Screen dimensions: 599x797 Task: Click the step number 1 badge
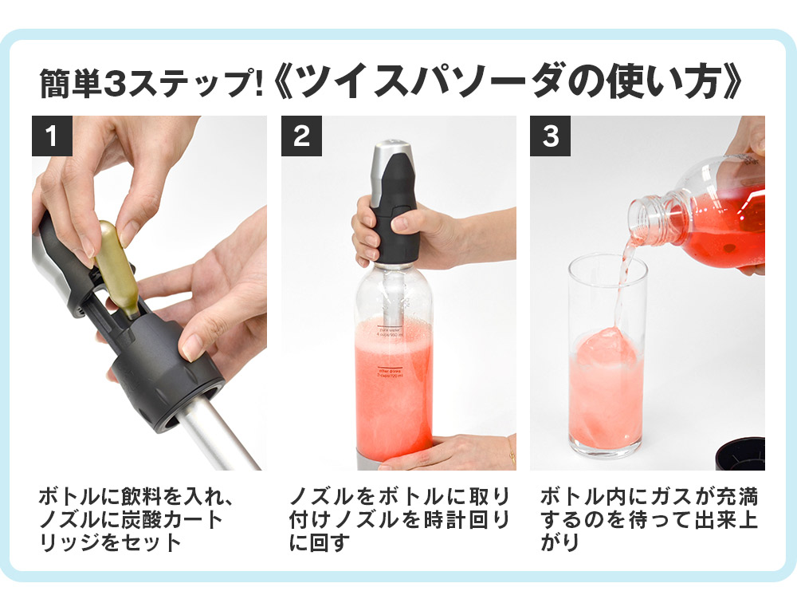(x=52, y=136)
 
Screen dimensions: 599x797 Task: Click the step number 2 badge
(x=302, y=136)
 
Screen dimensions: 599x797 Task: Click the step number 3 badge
(x=551, y=136)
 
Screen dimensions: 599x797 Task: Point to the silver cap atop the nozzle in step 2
(x=392, y=151)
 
